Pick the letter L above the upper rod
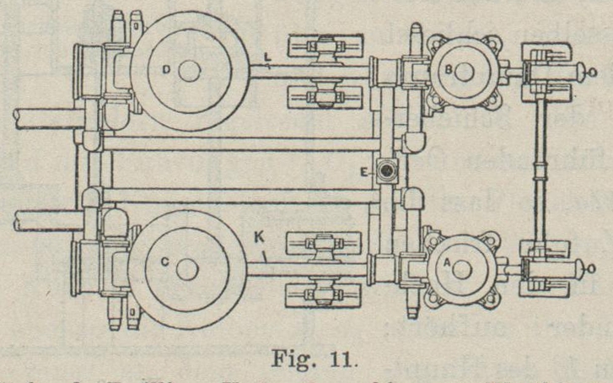coord(266,57)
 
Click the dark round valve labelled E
coord(387,170)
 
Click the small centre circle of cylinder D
coord(191,71)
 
